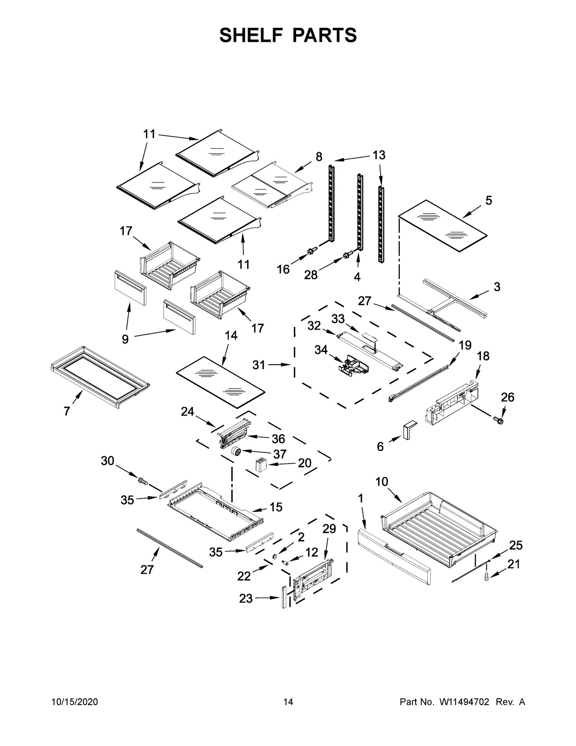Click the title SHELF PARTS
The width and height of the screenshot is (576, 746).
[x=288, y=36]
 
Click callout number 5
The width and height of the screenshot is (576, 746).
[x=489, y=201]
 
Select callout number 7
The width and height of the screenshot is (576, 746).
[x=67, y=411]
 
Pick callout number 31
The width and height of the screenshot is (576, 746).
[x=259, y=365]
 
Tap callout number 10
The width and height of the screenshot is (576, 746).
[x=382, y=482]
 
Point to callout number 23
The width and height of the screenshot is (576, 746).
[x=245, y=599]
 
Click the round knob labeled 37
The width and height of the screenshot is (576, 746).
[x=236, y=452]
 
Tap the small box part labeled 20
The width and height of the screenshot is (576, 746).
[x=260, y=465]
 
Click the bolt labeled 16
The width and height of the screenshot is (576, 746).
[x=312, y=250]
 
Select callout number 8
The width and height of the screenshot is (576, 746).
[x=319, y=156]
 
